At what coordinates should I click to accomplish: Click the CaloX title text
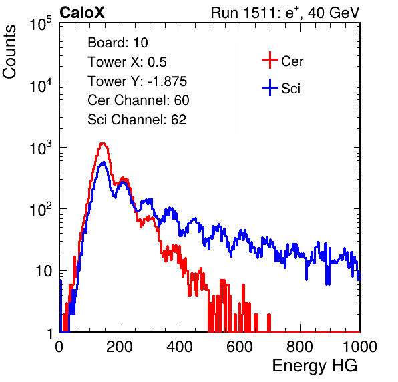(x=82, y=13)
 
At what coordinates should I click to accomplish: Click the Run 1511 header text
(x=285, y=13)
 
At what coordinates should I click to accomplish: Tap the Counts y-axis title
(x=9, y=52)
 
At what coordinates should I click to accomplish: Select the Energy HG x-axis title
(x=315, y=366)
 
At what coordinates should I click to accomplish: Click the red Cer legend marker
(x=270, y=60)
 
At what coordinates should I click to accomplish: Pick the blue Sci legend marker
(x=270, y=87)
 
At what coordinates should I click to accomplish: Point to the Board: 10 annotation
(x=118, y=43)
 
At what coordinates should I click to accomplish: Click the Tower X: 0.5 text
(x=127, y=62)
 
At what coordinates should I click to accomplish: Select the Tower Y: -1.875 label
(x=138, y=81)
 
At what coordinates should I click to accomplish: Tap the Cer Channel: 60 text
(x=138, y=100)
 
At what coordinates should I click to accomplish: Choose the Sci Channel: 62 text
(x=137, y=120)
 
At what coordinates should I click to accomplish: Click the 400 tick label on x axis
(x=180, y=347)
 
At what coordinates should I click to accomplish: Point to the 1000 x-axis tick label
(x=360, y=347)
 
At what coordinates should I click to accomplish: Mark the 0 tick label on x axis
(x=59, y=347)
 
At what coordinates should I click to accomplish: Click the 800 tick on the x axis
(x=300, y=347)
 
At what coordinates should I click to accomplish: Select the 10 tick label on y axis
(x=44, y=271)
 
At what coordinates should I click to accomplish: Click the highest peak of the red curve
(x=102, y=144)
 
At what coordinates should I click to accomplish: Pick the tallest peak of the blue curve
(x=103, y=162)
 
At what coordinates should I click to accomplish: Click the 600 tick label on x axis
(x=240, y=347)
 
